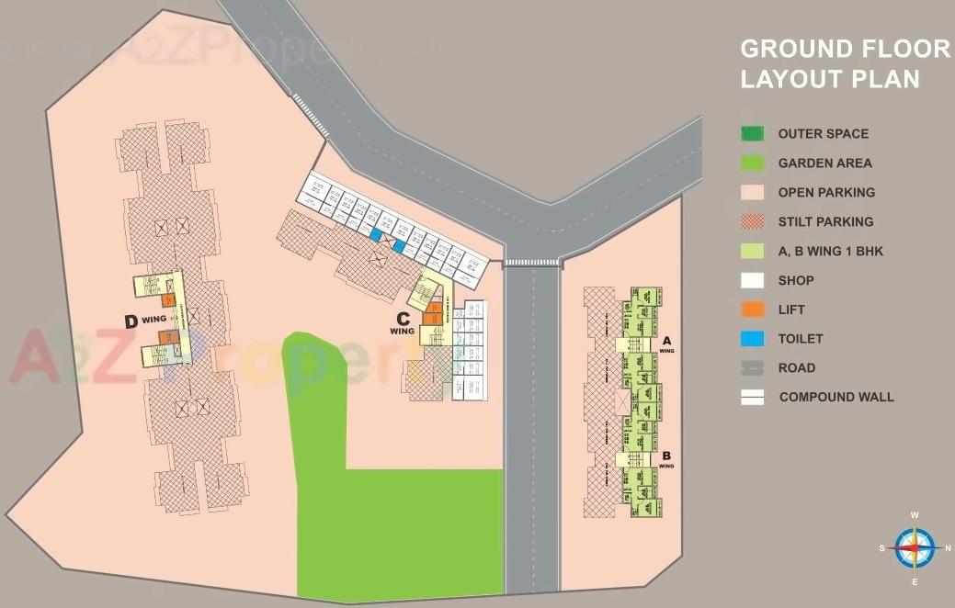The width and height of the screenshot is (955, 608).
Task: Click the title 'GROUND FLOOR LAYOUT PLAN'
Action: pyautogui.click(x=845, y=63)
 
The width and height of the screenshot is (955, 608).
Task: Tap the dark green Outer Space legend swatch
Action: pyautogui.click(x=753, y=133)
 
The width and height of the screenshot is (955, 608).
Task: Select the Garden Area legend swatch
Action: pyautogui.click(x=753, y=163)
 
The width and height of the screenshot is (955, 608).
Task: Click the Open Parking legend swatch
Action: pyautogui.click(x=753, y=192)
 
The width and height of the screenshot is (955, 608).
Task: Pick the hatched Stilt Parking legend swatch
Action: pyautogui.click(x=753, y=221)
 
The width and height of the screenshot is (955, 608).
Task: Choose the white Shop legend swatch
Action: pyautogui.click(x=753, y=280)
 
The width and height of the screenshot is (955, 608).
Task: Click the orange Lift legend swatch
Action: pyautogui.click(x=753, y=310)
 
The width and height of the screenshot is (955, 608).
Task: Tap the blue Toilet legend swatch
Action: pyautogui.click(x=753, y=339)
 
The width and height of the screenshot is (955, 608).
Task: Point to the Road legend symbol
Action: pyautogui.click(x=753, y=368)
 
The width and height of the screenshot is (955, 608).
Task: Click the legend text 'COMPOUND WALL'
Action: pyautogui.click(x=836, y=398)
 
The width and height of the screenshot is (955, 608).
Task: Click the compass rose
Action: pyautogui.click(x=915, y=547)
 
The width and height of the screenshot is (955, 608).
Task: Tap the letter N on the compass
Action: pyautogui.click(x=947, y=548)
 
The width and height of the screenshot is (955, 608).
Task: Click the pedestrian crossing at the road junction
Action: pyautogui.click(x=532, y=263)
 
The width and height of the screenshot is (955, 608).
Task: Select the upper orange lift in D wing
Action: pyautogui.click(x=168, y=299)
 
